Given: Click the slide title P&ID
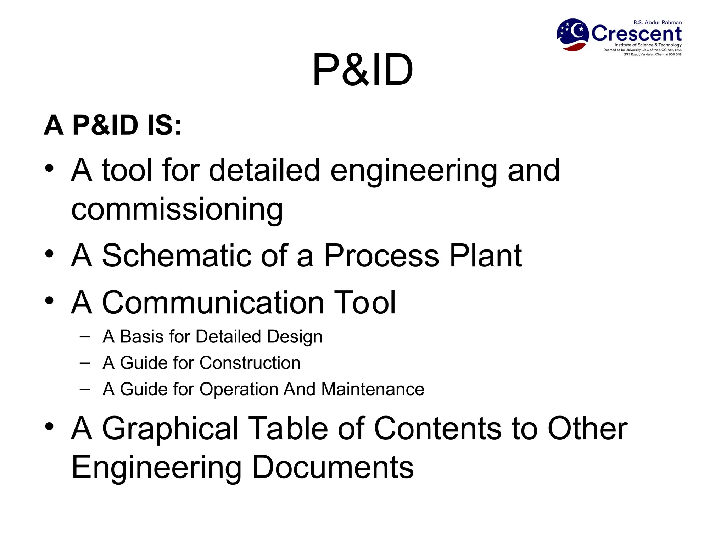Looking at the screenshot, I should click(x=362, y=70).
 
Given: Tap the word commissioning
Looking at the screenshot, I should click(x=177, y=209).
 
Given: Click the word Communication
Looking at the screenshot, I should click(x=213, y=302).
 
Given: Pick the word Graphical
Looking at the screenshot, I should click(x=170, y=429).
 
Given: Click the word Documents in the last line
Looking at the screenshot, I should click(x=332, y=467).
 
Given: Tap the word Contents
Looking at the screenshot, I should click(x=438, y=428).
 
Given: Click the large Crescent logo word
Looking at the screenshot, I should click(x=636, y=34).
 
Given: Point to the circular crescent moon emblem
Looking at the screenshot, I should click(x=573, y=35).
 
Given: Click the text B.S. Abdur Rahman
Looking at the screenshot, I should click(x=657, y=22).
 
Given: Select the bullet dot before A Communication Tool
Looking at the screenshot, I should click(x=49, y=301).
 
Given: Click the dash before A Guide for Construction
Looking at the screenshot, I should click(x=85, y=363).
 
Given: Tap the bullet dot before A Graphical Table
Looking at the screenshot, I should click(x=49, y=427).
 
